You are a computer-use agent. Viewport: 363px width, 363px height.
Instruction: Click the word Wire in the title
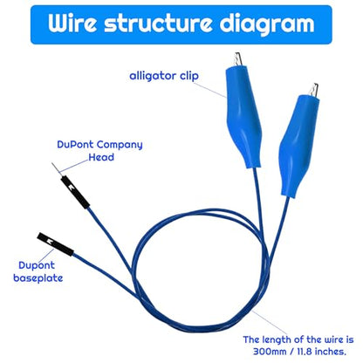point(72,23)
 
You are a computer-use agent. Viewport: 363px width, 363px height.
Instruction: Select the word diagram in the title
point(267,24)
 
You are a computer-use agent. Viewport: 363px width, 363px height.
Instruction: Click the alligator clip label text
point(164,76)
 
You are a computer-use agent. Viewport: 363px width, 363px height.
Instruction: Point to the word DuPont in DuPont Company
point(75,144)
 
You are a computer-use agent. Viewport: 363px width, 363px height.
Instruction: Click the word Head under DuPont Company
point(101,157)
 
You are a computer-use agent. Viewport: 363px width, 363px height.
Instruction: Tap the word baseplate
point(38,278)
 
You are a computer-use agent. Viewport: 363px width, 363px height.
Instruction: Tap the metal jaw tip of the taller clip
point(239,58)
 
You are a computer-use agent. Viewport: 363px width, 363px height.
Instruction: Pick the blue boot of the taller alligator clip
point(243,117)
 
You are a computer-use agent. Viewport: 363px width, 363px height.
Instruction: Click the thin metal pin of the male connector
point(57,169)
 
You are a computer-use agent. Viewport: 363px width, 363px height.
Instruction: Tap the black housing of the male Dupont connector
point(75,192)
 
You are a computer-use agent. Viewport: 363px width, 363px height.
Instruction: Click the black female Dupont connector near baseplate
point(55,244)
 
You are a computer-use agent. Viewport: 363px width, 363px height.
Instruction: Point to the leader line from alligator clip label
point(209,90)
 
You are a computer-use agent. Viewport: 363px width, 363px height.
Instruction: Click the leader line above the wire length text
point(270,323)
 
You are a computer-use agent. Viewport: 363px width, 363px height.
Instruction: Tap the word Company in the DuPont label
point(120,145)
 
